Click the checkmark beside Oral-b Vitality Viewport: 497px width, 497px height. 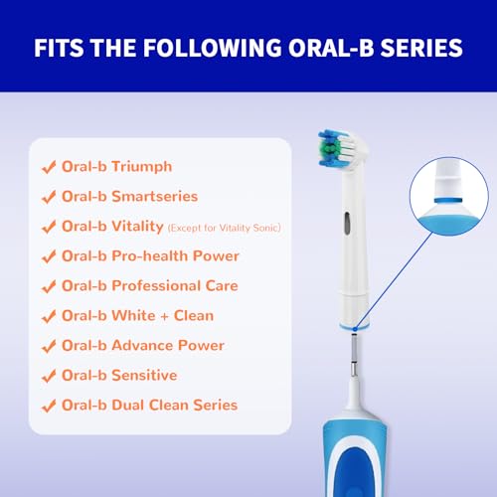coord(47,226)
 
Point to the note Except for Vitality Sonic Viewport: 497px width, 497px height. coord(224,229)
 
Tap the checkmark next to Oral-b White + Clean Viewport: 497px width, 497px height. coord(47,315)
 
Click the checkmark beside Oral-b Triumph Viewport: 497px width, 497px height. coord(47,166)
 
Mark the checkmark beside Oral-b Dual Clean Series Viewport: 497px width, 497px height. coord(47,405)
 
